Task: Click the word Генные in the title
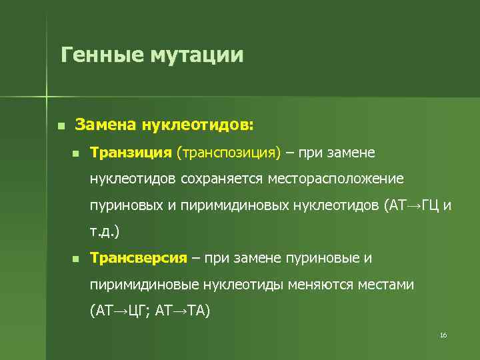coord(101,54)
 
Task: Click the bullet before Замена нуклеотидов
coord(61,125)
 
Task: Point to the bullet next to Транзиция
coord(76,154)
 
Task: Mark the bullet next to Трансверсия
coord(76,258)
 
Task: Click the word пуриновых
coord(125,205)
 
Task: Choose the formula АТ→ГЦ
coord(413,205)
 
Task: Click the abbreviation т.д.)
coord(105,231)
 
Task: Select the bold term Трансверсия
coord(138,257)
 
